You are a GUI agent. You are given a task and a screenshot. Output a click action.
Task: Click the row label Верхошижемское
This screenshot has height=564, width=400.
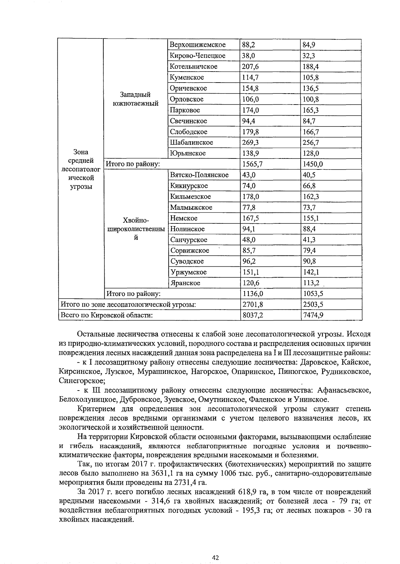[x=197, y=45]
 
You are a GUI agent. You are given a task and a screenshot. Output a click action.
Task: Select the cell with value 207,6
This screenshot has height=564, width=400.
[x=250, y=67]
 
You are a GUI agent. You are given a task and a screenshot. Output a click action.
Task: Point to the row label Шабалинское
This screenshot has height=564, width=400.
[x=191, y=142]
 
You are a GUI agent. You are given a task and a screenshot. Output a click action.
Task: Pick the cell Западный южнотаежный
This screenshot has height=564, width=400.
[x=136, y=99]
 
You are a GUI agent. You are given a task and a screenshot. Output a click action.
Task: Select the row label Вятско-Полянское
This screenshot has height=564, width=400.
[x=199, y=175]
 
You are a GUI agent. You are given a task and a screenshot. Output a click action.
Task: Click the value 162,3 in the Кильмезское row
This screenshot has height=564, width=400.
[x=311, y=197]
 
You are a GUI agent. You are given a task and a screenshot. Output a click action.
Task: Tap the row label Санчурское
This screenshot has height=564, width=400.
[x=189, y=240]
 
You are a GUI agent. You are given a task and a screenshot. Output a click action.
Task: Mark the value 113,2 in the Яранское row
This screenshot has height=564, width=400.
[x=311, y=283]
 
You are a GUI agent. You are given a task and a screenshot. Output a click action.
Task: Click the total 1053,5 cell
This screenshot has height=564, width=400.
[x=313, y=294]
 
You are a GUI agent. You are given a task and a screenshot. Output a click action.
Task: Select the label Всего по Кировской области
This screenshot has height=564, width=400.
[x=106, y=315]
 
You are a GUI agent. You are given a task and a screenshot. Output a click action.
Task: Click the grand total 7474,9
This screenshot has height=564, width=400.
[x=313, y=315]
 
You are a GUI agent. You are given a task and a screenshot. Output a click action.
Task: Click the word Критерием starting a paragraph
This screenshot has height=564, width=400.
[x=96, y=409]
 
